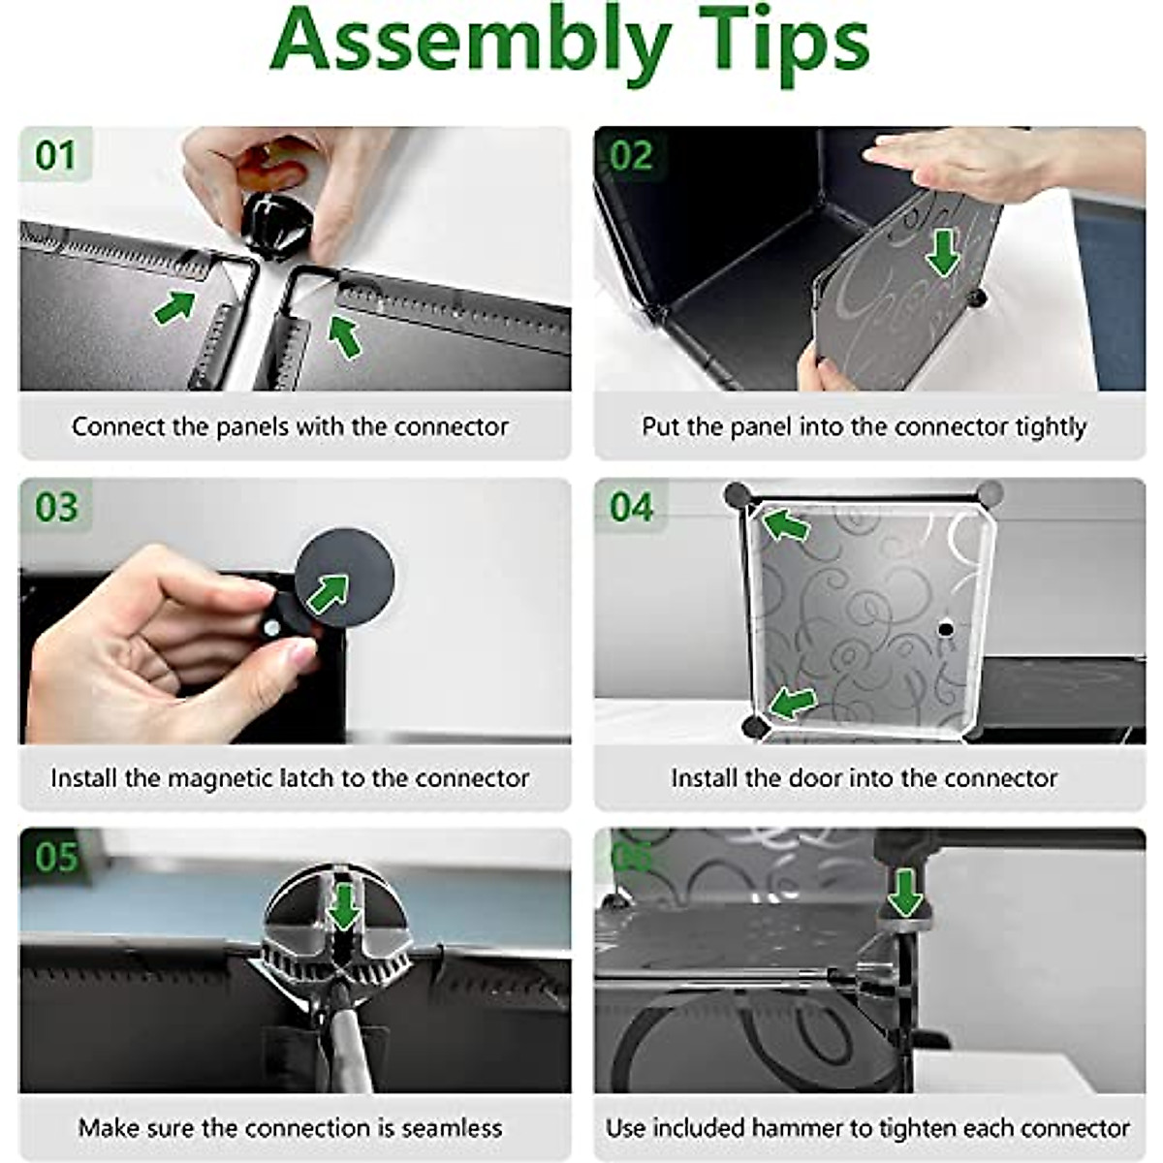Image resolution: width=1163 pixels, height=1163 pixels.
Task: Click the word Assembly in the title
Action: click(471, 46)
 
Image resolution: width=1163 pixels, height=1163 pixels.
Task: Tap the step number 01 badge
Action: click(55, 155)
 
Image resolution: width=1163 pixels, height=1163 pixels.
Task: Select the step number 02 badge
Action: click(631, 155)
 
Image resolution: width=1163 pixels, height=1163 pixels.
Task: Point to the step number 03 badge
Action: click(56, 506)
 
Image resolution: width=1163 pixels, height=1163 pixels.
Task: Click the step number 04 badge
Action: click(631, 506)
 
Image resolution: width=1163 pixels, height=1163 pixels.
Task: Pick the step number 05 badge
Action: click(56, 857)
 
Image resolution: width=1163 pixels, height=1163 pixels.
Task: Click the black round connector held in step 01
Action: click(277, 227)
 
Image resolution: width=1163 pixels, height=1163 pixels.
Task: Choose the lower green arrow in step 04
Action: click(793, 703)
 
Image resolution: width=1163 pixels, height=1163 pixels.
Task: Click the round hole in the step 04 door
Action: click(946, 630)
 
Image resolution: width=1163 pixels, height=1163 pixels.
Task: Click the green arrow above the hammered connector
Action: click(905, 891)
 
